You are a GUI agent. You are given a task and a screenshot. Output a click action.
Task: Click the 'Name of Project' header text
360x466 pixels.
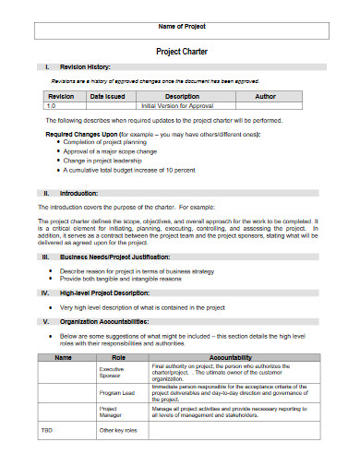coord(180,28)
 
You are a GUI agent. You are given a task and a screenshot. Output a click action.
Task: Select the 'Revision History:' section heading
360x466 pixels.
coord(85,68)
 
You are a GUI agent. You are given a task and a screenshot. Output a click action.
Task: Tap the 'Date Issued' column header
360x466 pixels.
coord(107,97)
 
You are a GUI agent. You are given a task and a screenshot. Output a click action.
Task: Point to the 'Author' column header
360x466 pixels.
coord(264,97)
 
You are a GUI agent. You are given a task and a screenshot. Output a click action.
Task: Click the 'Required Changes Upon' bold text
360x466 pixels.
coord(80,135)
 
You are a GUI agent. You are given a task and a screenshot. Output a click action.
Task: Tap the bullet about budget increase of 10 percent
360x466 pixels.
coord(128,171)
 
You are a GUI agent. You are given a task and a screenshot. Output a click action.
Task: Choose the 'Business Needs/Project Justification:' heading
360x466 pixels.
coord(114,256)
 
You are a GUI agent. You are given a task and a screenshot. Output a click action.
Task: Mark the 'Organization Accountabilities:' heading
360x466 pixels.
coord(103,322)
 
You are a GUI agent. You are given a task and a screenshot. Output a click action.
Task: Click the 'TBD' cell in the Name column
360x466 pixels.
coord(47,431)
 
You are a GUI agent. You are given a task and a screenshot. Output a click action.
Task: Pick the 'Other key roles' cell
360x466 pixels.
coord(117,431)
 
